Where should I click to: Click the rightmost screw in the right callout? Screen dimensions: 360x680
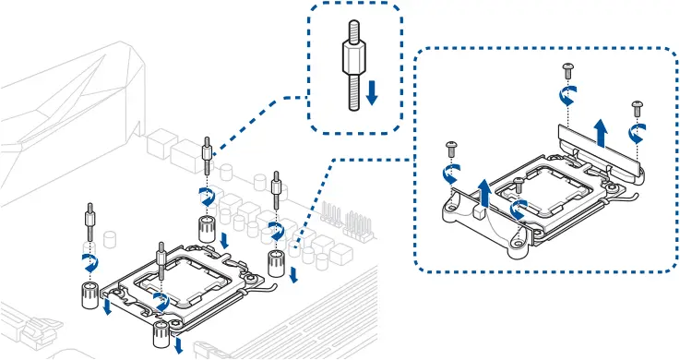click(636, 106)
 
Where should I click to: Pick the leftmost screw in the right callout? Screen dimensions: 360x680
click(451, 147)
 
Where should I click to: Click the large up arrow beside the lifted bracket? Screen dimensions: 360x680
click(600, 132)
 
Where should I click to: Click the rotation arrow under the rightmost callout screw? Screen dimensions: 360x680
click(636, 133)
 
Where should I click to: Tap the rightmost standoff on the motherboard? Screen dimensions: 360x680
click(276, 188)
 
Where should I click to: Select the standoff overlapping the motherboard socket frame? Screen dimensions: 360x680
click(161, 262)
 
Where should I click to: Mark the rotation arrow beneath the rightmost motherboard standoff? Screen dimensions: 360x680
click(275, 227)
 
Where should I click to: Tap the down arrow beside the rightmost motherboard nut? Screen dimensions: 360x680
click(294, 275)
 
